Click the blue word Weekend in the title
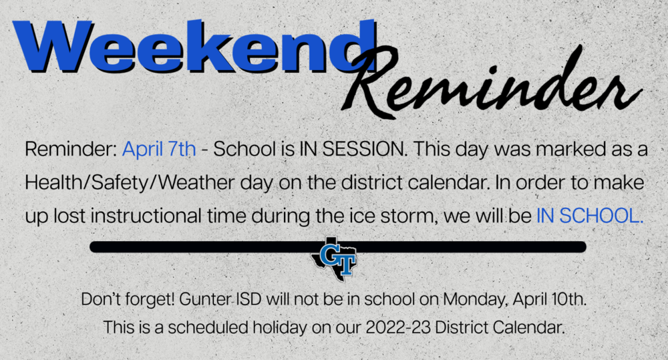pos(194,46)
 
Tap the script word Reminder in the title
pos(490,81)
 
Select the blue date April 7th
pos(159,150)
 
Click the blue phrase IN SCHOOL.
pos(590,216)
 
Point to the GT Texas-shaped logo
pos(334,258)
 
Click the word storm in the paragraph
pos(407,216)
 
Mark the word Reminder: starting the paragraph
pos(71,149)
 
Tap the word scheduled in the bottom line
pos(208,328)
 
